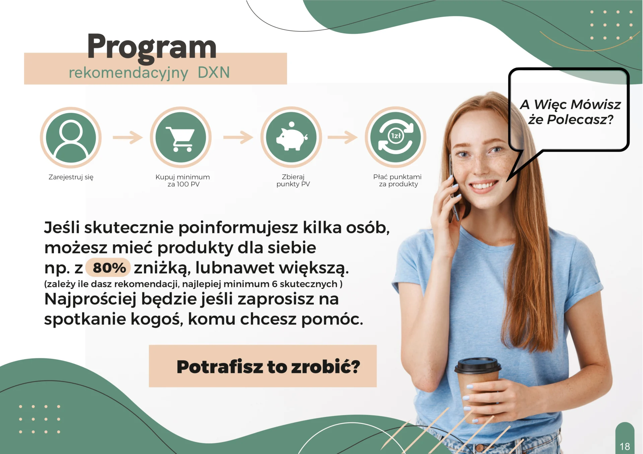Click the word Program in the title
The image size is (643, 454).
point(152,47)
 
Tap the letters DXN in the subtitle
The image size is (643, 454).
point(214,73)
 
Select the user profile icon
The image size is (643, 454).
point(71,137)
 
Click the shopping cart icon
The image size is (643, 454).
point(181,137)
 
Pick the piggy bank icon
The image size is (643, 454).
point(291,137)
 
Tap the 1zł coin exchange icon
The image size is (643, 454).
point(396,137)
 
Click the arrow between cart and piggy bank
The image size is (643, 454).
point(238,137)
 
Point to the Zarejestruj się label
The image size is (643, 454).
point(71,177)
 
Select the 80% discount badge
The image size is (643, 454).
point(108,267)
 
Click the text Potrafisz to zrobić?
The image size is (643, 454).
point(268,367)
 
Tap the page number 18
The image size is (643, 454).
point(625,446)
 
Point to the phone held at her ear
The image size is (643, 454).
point(454,187)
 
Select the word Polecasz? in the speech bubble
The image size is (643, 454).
point(580,120)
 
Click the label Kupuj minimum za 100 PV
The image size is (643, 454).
point(183,181)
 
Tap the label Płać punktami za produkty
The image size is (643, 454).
point(398,181)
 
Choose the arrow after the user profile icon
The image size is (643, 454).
point(128,137)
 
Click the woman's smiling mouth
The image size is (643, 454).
point(483,185)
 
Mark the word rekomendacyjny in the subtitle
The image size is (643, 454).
point(128,73)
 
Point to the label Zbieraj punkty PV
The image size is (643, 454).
point(293,181)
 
